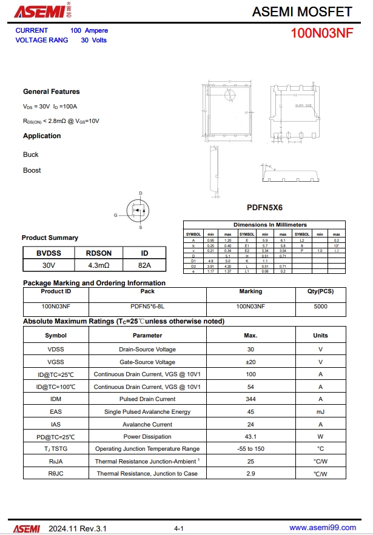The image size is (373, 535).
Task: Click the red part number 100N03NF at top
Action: coord(321,33)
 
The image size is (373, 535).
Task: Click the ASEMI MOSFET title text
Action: coord(301,12)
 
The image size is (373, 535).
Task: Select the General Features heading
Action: coord(52,91)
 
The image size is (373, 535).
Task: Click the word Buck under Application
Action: coord(31,155)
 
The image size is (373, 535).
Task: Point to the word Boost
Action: coord(32,170)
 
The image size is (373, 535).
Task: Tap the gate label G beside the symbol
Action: coord(116,215)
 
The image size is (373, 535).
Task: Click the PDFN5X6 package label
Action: coord(264,207)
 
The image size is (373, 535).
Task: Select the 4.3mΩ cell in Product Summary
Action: coord(98,265)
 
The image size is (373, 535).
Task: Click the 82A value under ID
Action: coord(144,265)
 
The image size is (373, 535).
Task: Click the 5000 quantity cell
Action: coord(321,307)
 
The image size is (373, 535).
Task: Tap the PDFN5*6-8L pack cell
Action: coord(147,307)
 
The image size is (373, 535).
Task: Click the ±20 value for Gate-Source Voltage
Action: coord(250,362)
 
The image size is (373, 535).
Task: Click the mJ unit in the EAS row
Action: coord(320,412)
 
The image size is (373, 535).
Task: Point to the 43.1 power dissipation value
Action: coord(250,437)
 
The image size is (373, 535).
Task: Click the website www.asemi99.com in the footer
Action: coord(323,528)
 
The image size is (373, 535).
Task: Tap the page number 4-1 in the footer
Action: coord(179,529)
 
